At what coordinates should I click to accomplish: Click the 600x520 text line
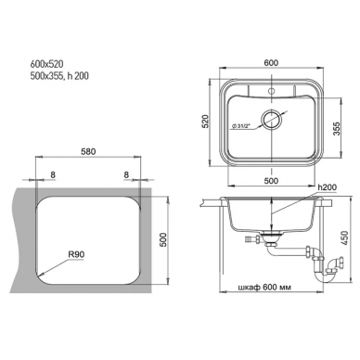click(46, 64)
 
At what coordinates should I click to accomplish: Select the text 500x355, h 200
click(59, 76)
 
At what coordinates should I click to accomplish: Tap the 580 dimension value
click(88, 151)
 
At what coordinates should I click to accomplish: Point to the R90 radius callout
click(76, 254)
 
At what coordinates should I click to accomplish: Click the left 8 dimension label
click(53, 174)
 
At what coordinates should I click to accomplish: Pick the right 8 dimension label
click(126, 174)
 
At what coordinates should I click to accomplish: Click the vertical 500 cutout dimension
click(163, 239)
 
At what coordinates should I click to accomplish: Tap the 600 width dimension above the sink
click(272, 62)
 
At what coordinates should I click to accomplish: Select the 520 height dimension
click(207, 122)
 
